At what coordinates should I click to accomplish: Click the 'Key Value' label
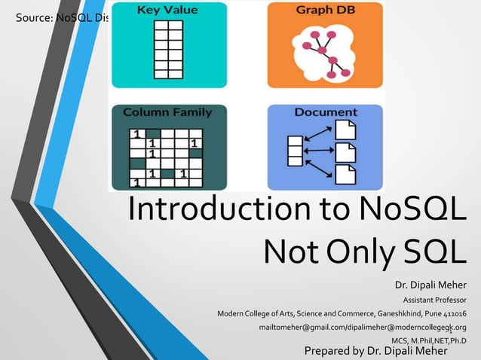pyautogui.click(x=167, y=11)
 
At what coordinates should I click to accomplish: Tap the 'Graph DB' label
pyautogui.click(x=325, y=11)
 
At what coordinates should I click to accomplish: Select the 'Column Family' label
pyautogui.click(x=167, y=112)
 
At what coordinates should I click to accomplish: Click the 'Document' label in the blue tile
pyautogui.click(x=326, y=112)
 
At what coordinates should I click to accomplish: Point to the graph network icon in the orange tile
pyautogui.click(x=326, y=54)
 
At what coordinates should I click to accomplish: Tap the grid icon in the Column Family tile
pyautogui.click(x=167, y=156)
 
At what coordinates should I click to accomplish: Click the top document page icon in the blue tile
pyautogui.click(x=345, y=130)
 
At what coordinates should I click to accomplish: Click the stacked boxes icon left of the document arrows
pyautogui.click(x=296, y=151)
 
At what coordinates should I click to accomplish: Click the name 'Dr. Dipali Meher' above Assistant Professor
pyautogui.click(x=430, y=285)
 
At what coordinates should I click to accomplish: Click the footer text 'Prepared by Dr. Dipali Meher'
pyautogui.click(x=375, y=351)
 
